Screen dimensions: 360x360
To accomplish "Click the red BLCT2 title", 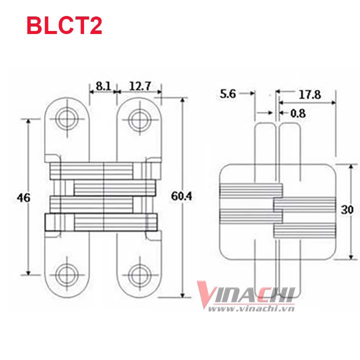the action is pos(64,26).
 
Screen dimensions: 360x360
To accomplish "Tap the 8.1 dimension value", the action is pos(103,86).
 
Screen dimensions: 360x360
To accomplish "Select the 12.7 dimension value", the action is pos(140,86).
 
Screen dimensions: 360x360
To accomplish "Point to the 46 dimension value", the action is pos(23,197).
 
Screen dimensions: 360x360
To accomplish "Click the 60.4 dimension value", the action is pos(181,196).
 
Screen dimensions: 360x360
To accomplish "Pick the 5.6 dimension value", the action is pos(228,94).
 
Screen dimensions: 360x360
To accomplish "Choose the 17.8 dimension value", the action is pos(309,94).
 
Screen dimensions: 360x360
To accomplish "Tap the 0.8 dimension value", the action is pos(298,113).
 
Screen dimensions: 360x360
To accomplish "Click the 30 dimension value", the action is pos(347,209).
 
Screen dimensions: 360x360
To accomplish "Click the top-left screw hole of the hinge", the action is pos(67,119).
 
